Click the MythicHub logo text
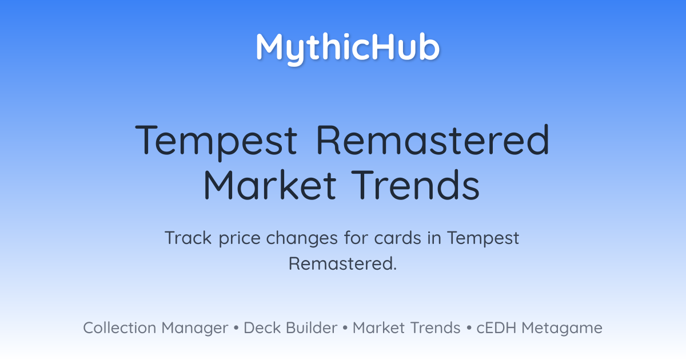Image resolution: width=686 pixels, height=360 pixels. (348, 49)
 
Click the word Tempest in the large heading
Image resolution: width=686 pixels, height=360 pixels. (216, 142)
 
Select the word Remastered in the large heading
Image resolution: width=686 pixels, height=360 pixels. (432, 139)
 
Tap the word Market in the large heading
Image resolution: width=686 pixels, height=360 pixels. (270, 185)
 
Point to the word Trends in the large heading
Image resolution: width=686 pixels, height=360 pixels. (415, 185)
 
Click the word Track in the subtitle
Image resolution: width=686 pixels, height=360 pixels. (188, 238)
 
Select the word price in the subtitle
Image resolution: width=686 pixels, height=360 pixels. (240, 238)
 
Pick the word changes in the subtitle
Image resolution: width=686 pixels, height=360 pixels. (302, 238)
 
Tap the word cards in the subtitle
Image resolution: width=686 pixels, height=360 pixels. (397, 238)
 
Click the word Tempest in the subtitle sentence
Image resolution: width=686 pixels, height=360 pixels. (483, 238)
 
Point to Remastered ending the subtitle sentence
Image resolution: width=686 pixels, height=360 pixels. (342, 263)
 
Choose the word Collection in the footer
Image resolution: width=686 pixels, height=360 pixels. (119, 327)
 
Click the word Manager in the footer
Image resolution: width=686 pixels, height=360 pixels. (195, 329)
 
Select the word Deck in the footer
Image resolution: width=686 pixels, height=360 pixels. (262, 327)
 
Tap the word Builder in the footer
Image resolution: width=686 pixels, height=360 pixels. (312, 327)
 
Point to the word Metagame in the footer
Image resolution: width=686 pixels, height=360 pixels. (562, 329)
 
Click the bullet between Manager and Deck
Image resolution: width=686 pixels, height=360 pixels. (236, 328)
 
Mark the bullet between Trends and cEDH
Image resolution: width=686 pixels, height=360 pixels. (469, 328)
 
